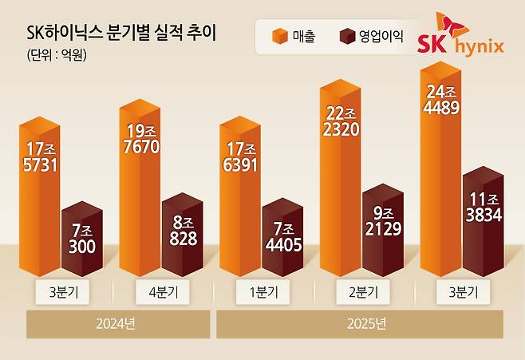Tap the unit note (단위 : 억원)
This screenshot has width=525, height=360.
tap(51, 57)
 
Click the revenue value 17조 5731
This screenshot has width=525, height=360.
tap(41, 156)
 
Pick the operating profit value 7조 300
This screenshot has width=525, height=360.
tap(81, 239)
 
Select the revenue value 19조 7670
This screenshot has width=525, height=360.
tap(140, 139)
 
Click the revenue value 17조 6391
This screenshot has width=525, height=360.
tap(240, 156)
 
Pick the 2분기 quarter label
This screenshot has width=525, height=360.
tap(362, 292)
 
